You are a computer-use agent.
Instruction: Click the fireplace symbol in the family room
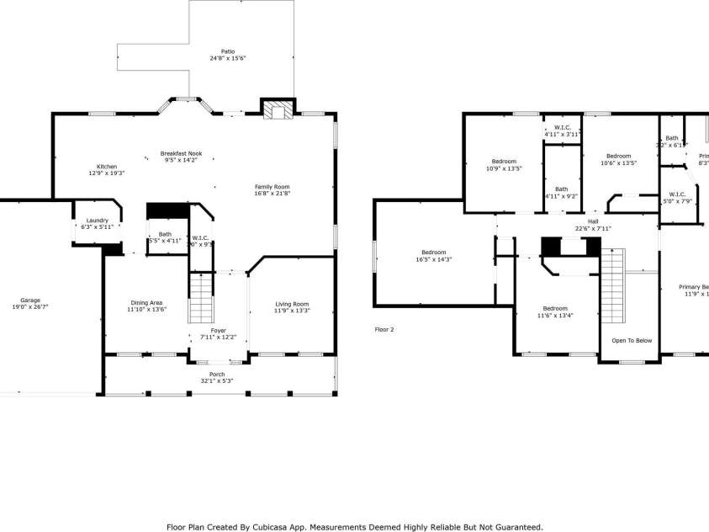277,109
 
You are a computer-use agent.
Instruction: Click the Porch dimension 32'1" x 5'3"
217,380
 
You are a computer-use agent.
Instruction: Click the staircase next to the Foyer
200,300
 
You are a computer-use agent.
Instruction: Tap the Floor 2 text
384,329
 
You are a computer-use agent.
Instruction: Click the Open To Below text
632,341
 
